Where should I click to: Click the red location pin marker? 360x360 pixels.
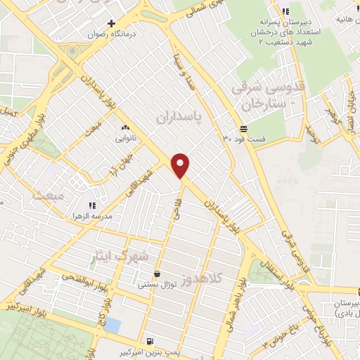click(x=181, y=165)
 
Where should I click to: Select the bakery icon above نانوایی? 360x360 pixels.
click(x=126, y=127)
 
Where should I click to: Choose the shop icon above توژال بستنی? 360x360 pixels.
click(x=156, y=274)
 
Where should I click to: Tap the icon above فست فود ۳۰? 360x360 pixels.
click(x=243, y=129)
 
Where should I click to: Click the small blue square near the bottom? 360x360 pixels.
click(x=112, y=326)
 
